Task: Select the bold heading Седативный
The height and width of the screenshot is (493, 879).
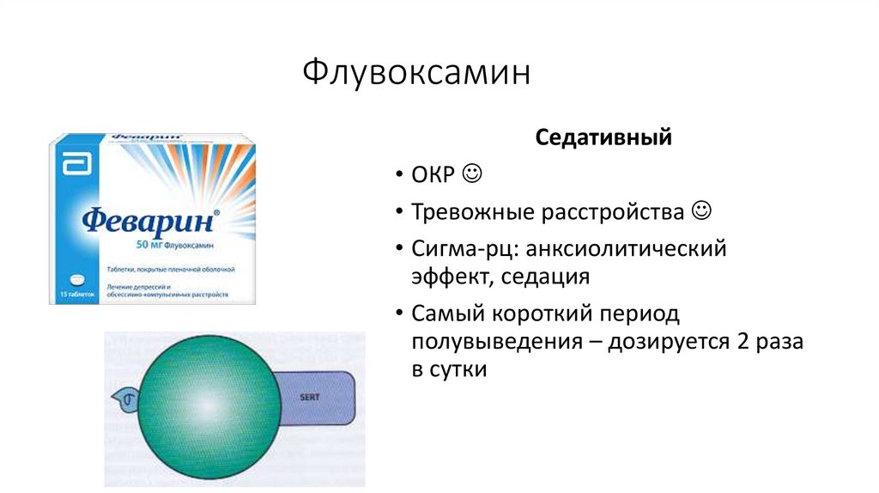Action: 603,137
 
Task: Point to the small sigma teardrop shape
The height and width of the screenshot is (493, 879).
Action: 122,398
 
